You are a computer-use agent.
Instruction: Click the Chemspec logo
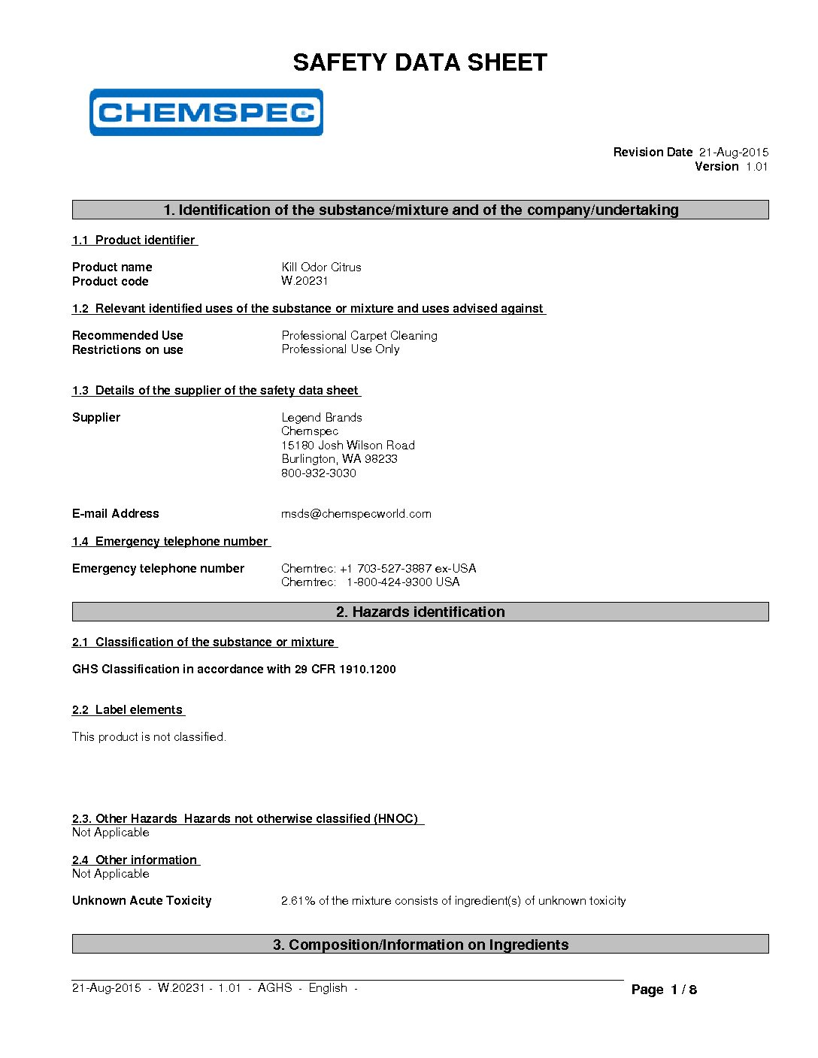pos(206,113)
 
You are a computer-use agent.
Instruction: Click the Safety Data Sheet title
pos(420,62)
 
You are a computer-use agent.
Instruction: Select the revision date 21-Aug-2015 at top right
pos(733,153)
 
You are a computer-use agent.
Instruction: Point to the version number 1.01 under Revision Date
pos(756,167)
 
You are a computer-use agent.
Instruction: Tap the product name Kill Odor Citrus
pos(321,268)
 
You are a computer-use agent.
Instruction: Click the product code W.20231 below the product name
pos(304,281)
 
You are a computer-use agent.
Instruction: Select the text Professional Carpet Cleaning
pos(359,336)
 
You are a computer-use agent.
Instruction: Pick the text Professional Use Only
pos(341,349)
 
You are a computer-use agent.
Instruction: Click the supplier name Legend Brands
pos(322,418)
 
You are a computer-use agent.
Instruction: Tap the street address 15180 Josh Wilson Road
pos(348,446)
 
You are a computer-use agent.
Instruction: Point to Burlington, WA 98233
pos(339,459)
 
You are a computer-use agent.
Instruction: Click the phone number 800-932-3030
pos(319,473)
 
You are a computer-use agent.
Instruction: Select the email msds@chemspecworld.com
pos(356,514)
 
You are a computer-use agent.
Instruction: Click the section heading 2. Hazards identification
pos(420,612)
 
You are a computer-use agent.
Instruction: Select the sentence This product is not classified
pos(149,737)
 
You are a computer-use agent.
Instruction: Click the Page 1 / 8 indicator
pos(664,990)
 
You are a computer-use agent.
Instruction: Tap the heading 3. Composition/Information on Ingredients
pos(420,945)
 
